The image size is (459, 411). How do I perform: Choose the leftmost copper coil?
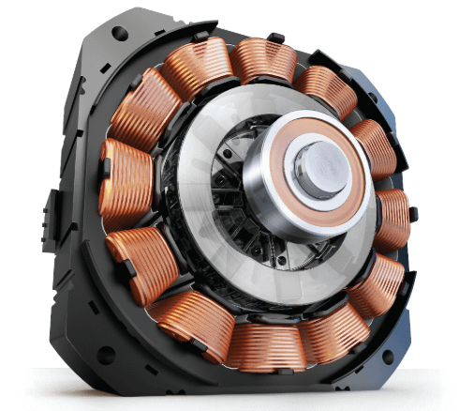[124, 177]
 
